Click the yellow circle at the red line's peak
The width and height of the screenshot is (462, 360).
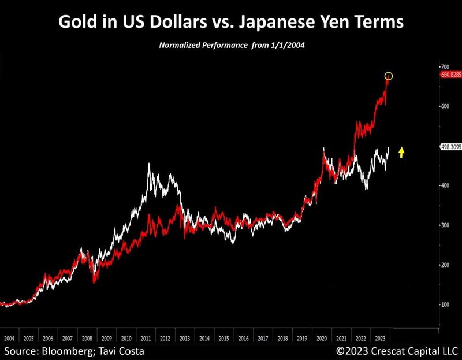[389, 76]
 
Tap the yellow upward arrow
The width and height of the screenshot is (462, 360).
[402, 153]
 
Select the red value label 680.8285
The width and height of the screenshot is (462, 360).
[449, 75]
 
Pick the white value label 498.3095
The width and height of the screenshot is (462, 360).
[449, 147]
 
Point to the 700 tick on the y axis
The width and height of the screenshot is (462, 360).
[444, 67]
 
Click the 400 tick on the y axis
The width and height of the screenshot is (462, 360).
[444, 185]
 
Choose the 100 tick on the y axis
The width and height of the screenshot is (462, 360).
[444, 305]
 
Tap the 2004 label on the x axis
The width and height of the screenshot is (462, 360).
[9, 339]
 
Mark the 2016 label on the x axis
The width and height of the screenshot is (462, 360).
[243, 339]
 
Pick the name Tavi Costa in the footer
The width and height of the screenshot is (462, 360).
[120, 351]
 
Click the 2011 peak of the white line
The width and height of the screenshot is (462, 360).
[149, 164]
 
